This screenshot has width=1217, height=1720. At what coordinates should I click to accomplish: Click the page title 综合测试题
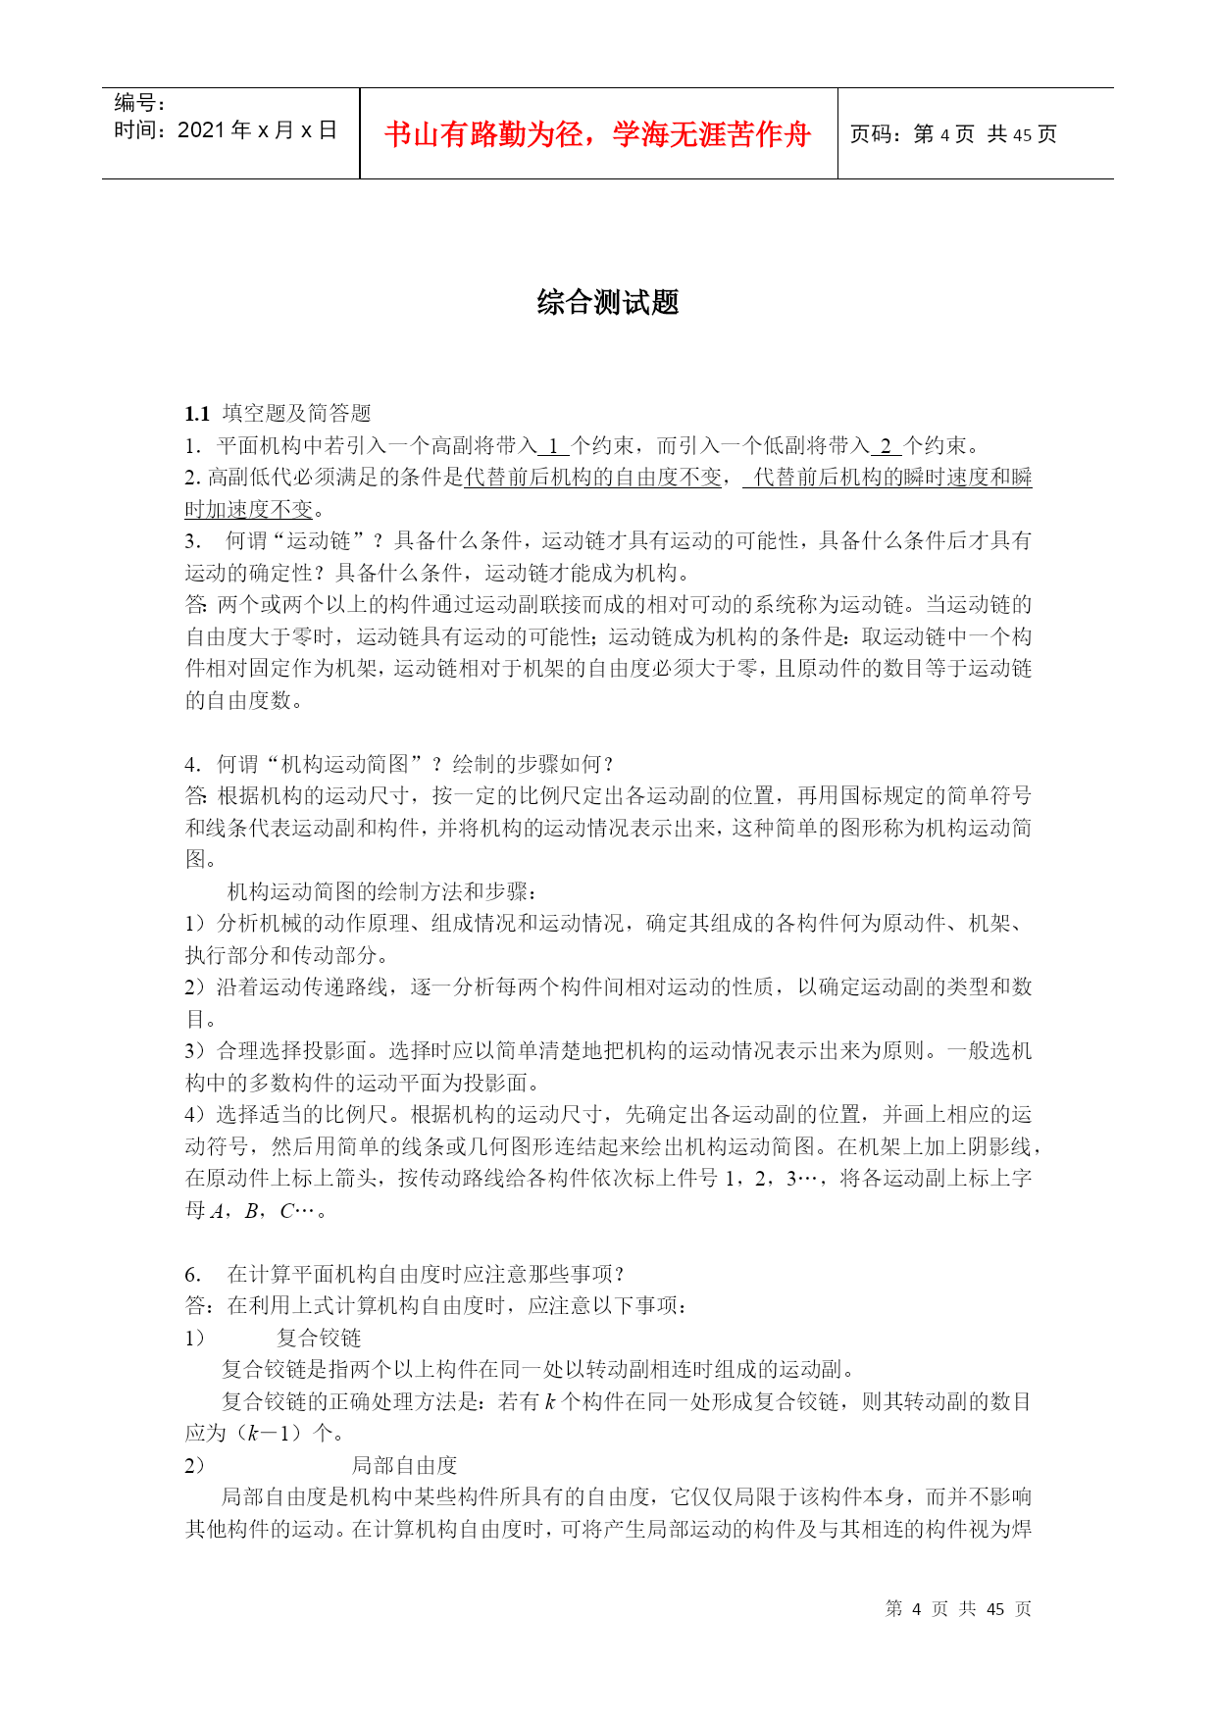click(x=608, y=302)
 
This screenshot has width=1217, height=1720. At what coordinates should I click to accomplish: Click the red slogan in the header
click(x=597, y=134)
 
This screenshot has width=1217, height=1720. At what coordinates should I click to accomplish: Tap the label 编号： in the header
click(x=140, y=103)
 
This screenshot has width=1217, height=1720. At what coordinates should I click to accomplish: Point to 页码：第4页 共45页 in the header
click(x=952, y=134)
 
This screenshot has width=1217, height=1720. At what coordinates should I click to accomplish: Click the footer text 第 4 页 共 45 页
click(x=958, y=1608)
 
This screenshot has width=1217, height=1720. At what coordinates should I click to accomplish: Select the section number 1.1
click(x=197, y=414)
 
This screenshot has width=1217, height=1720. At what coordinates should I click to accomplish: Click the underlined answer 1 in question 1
click(x=553, y=446)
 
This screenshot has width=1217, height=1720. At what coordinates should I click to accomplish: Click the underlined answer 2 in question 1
click(x=886, y=446)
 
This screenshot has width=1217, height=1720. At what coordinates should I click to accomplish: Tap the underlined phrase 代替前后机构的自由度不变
click(x=592, y=478)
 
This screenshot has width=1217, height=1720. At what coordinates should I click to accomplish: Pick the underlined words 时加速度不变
click(x=249, y=510)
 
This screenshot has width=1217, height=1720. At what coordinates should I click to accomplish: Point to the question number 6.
click(x=192, y=1274)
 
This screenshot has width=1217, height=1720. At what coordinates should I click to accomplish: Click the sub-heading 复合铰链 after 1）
click(x=319, y=1338)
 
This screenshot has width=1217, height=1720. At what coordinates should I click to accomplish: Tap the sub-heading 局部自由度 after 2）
click(x=404, y=1465)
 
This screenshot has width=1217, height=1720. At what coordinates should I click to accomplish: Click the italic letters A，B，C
click(x=253, y=1210)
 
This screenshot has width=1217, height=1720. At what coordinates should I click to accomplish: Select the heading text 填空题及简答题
click(x=297, y=414)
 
